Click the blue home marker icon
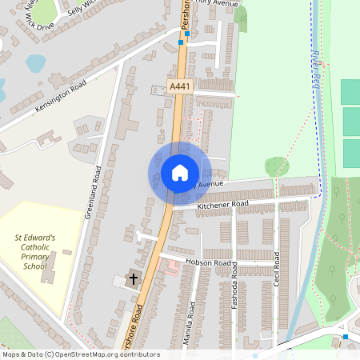(180, 172)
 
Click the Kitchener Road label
(222, 205)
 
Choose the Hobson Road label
(208, 262)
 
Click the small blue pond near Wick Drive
(35, 62)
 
